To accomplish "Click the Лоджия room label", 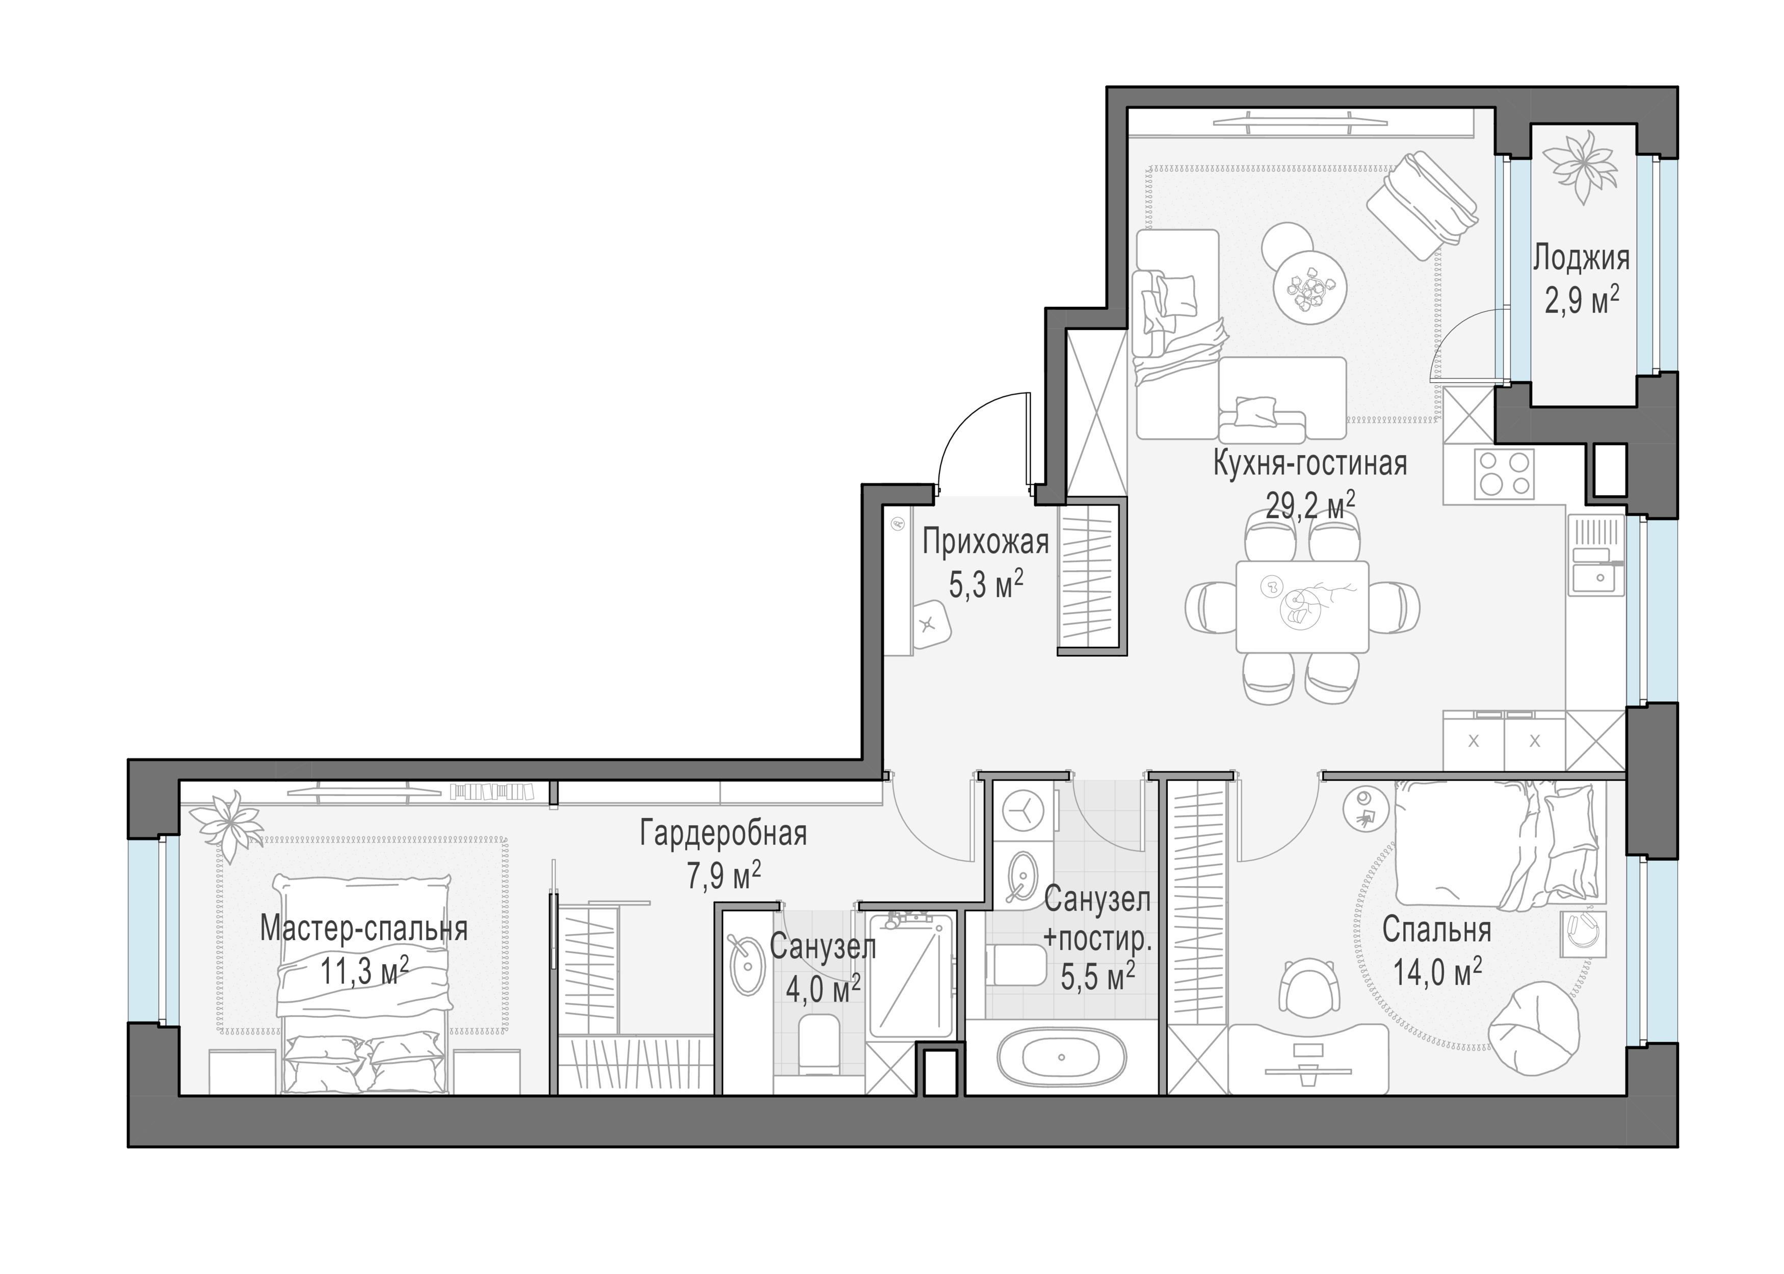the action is (x=1581, y=257).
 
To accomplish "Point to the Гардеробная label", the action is (x=723, y=833).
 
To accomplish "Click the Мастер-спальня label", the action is (x=364, y=929).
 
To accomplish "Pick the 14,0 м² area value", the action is (x=1437, y=973).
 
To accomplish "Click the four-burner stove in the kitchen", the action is (x=1504, y=473).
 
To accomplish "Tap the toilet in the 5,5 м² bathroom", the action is (x=1017, y=964).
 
